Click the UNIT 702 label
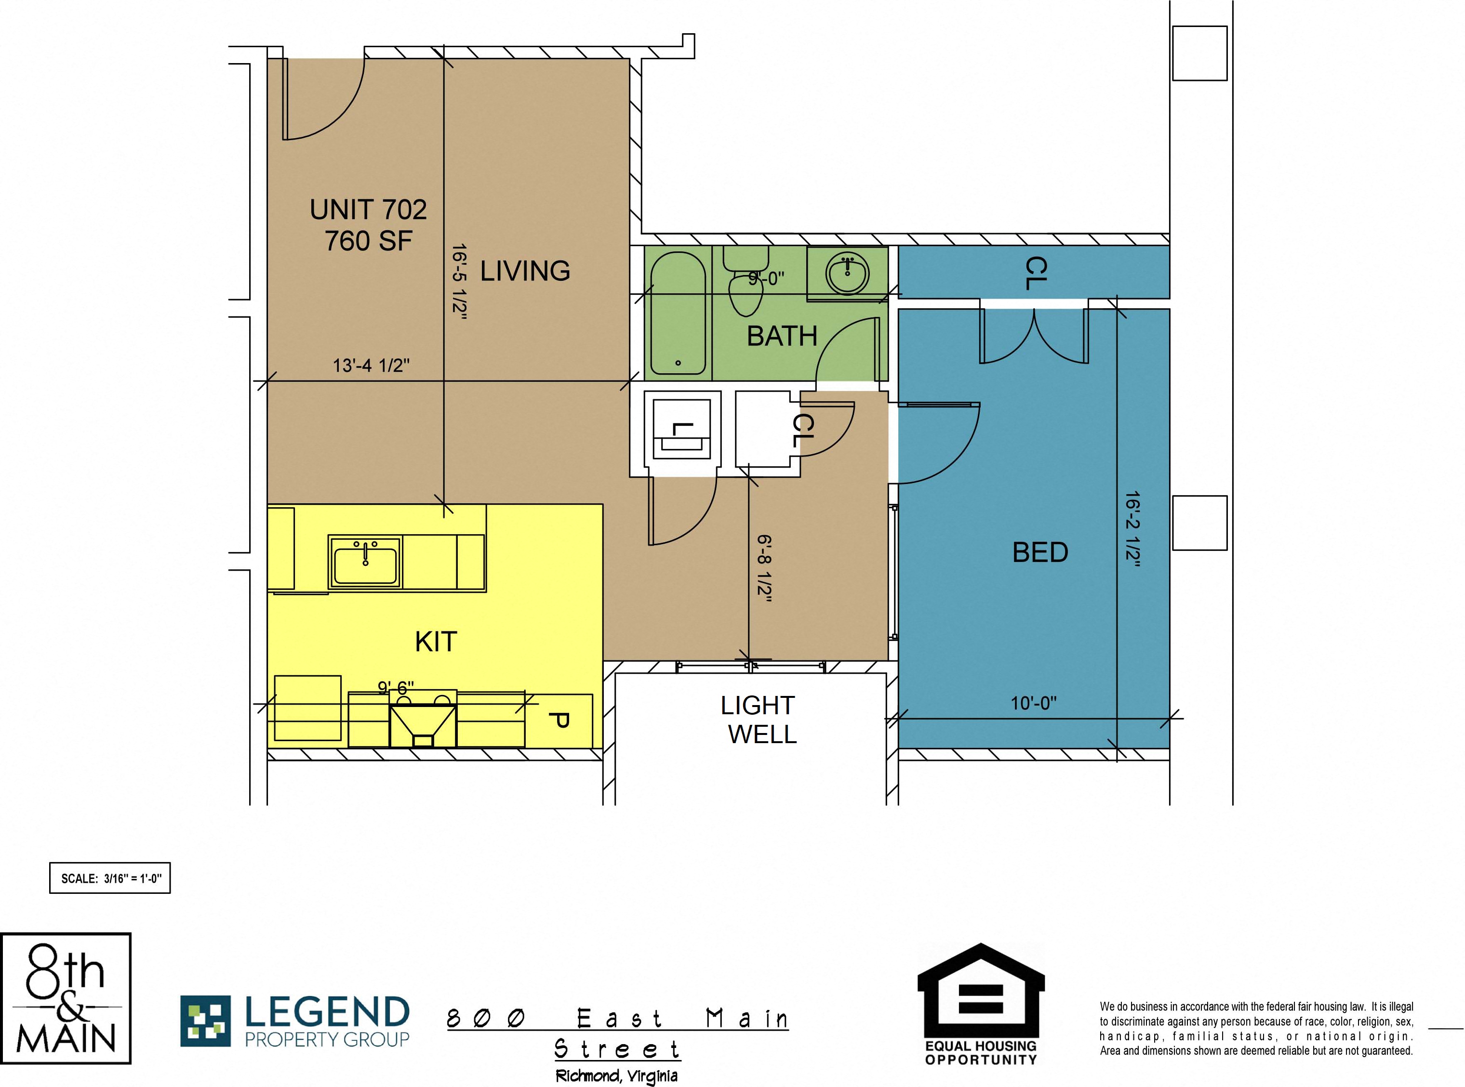(368, 210)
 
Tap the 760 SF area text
(368, 241)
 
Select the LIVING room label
(525, 271)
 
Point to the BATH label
(782, 336)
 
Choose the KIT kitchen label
(436, 642)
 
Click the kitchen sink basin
(365, 563)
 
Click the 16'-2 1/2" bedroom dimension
(1132, 528)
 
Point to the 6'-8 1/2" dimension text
(764, 568)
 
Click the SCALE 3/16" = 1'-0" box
(110, 878)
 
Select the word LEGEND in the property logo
(327, 1012)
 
